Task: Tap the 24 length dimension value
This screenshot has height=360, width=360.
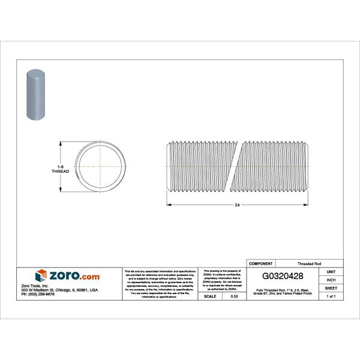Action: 237,205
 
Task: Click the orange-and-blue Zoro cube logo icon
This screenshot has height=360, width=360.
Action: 41,276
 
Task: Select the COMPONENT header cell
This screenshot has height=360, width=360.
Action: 261,263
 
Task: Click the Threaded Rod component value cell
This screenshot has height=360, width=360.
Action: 309,263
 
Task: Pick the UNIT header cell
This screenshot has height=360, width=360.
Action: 331,271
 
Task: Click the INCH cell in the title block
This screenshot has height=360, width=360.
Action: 331,280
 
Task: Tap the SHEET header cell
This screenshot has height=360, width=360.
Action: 331,288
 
